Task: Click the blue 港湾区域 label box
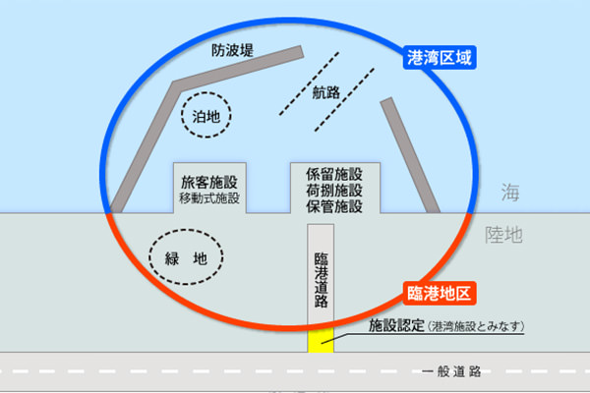(x=440, y=58)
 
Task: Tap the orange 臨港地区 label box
(x=440, y=293)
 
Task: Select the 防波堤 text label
(x=232, y=50)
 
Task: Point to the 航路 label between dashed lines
(x=326, y=92)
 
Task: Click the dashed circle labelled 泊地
(x=206, y=92)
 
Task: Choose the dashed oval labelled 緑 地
(x=186, y=229)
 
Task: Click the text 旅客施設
(x=209, y=182)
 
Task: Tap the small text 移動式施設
(x=209, y=197)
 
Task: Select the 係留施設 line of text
(x=334, y=174)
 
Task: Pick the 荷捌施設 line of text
(x=334, y=191)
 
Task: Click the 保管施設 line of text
(x=334, y=206)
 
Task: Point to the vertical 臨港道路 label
(x=321, y=280)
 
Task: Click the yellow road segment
(x=321, y=341)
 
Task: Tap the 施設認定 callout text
(x=396, y=325)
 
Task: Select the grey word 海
(x=510, y=193)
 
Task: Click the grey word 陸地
(x=503, y=235)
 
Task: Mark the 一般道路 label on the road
(x=451, y=371)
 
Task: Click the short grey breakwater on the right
(x=410, y=156)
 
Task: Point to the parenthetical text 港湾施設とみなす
(x=476, y=326)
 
